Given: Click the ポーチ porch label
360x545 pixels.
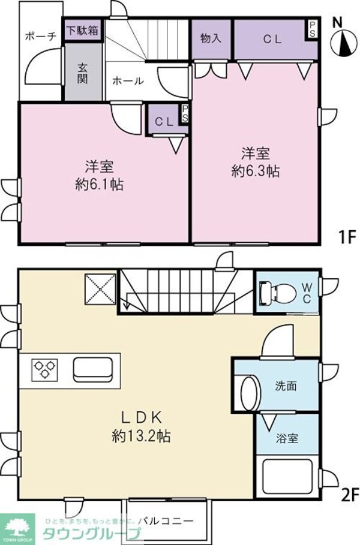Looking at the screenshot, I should click(40, 36).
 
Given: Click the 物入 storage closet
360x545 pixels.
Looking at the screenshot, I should click(211, 38).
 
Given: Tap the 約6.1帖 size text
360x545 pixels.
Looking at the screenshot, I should click(100, 184).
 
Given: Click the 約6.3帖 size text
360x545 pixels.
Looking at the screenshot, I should click(255, 170).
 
